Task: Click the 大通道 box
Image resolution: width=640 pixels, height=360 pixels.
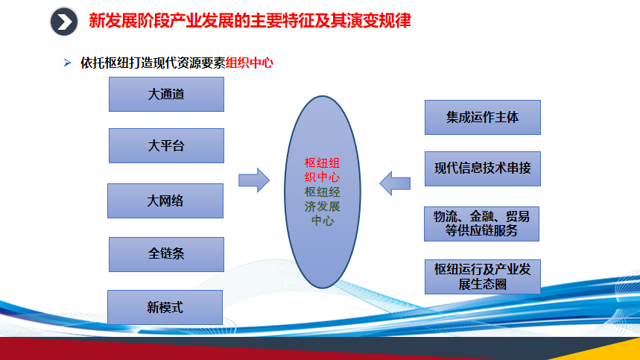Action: tap(166, 94)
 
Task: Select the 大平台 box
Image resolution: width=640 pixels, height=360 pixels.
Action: tap(166, 146)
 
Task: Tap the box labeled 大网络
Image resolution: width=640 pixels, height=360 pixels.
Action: tap(165, 200)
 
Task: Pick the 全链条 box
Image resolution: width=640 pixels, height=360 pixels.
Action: tap(166, 254)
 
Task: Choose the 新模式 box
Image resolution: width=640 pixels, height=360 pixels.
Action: tap(165, 307)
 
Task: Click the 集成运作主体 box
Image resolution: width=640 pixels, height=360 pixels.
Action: tap(483, 117)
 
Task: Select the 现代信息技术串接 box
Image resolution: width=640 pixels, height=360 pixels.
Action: tap(483, 169)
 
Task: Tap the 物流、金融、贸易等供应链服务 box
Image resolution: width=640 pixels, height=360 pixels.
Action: tap(481, 224)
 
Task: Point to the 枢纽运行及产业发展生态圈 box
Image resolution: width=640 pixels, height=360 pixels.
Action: tap(483, 277)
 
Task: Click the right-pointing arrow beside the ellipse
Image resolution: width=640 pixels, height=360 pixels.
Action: tap(254, 180)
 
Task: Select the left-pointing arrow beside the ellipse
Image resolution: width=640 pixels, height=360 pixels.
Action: tap(395, 183)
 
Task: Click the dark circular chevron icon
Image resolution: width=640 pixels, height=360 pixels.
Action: tap(64, 22)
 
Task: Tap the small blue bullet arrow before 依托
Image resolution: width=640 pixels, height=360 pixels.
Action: tap(67, 63)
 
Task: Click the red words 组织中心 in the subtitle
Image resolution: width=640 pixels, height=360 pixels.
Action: tap(249, 63)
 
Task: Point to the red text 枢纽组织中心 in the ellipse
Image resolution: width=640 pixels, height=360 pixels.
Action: tap(322, 170)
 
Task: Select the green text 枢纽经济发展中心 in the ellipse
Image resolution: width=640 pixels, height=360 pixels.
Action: tap(322, 206)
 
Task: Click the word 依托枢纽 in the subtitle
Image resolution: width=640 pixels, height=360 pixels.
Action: tap(104, 63)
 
